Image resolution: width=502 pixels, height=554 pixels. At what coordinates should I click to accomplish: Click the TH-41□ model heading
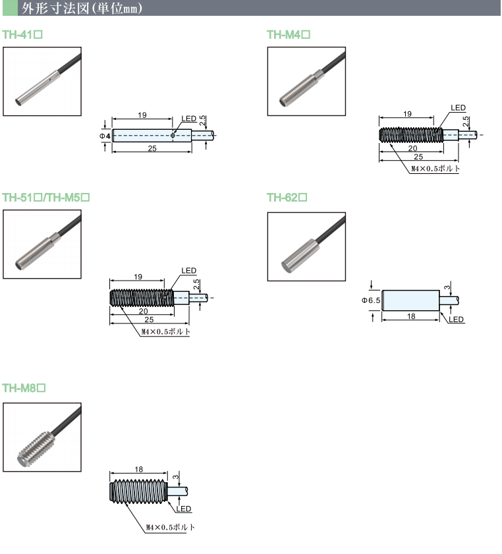point(23,35)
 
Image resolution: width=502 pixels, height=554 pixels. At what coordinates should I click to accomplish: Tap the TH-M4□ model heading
point(289,35)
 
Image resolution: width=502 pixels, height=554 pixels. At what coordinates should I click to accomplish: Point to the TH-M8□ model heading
point(24,388)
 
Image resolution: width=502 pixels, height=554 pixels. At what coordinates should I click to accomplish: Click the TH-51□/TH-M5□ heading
point(46,198)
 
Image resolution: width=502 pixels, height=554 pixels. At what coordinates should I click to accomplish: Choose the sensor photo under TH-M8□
point(42,437)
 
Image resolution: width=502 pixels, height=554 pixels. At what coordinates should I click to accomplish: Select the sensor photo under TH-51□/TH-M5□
point(42,244)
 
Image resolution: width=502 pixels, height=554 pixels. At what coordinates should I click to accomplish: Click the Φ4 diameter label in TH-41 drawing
point(104,136)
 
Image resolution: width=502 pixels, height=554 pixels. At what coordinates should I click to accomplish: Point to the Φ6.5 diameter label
point(371,300)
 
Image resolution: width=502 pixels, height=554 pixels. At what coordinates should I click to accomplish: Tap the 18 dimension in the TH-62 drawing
point(411,317)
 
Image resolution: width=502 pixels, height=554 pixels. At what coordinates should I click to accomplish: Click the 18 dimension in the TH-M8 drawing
point(138,470)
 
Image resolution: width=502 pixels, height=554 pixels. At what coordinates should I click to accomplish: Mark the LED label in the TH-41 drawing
point(189,119)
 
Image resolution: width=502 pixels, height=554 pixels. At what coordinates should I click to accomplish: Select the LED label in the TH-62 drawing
point(457,319)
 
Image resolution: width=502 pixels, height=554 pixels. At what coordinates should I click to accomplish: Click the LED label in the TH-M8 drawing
point(183,509)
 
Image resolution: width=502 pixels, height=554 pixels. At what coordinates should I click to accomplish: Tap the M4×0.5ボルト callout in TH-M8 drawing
point(169,528)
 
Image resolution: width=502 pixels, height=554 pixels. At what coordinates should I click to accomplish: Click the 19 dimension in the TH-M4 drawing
point(406,113)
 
